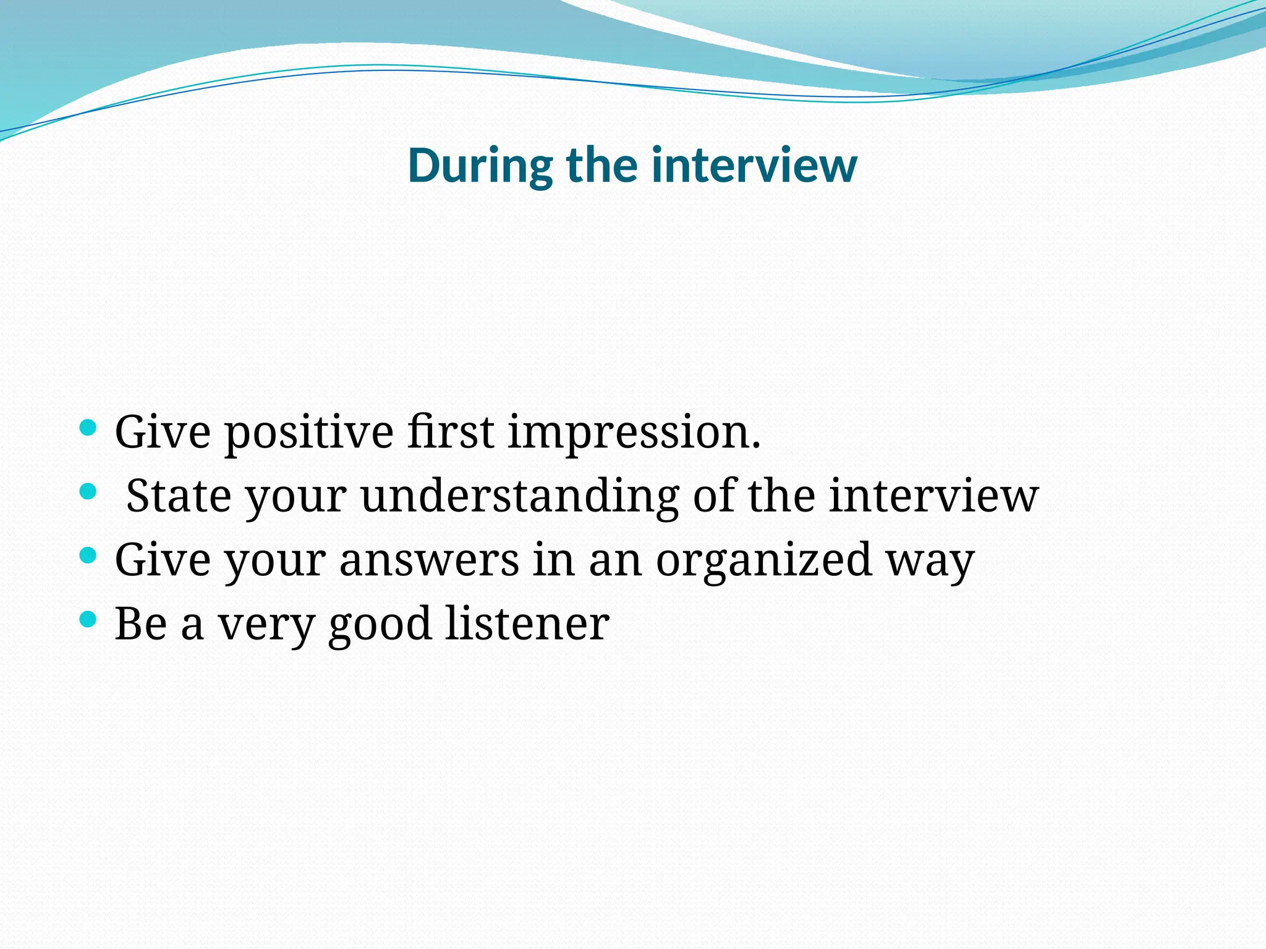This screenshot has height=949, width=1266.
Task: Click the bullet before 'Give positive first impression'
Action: click(x=88, y=428)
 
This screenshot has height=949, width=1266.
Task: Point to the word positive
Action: click(x=308, y=432)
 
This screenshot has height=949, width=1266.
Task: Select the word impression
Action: click(x=634, y=432)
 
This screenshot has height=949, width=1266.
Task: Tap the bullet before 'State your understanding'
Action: click(x=88, y=492)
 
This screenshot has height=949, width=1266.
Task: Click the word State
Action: click(x=179, y=496)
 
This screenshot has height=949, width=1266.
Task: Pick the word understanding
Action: click(x=520, y=497)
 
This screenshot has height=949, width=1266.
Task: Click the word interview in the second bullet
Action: click(x=933, y=496)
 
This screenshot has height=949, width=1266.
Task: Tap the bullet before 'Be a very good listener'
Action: click(x=88, y=619)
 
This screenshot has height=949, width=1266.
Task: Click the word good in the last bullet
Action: click(x=380, y=624)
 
